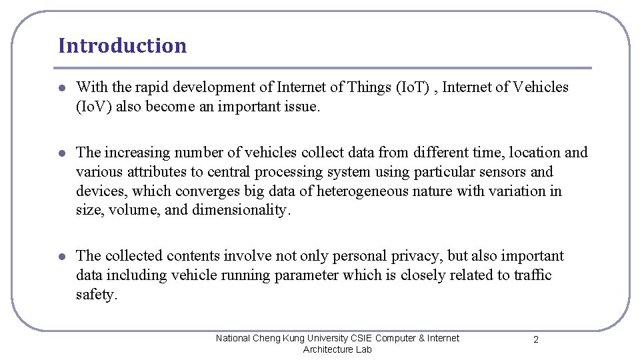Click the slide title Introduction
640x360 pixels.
click(x=122, y=45)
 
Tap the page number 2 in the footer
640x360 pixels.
click(x=536, y=339)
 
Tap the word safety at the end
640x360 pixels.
click(x=96, y=295)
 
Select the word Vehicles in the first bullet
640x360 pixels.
click(x=541, y=87)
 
